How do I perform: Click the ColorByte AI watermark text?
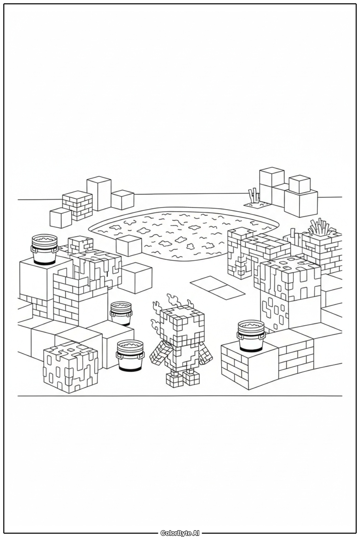coord(180,533)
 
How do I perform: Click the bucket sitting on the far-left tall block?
coord(44,249)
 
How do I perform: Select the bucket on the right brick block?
coord(251,336)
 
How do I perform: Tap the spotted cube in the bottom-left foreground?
coord(71,367)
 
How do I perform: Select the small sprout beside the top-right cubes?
coord(253,196)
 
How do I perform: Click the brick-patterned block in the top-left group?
coord(77,205)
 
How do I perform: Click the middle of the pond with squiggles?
coord(184,231)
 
